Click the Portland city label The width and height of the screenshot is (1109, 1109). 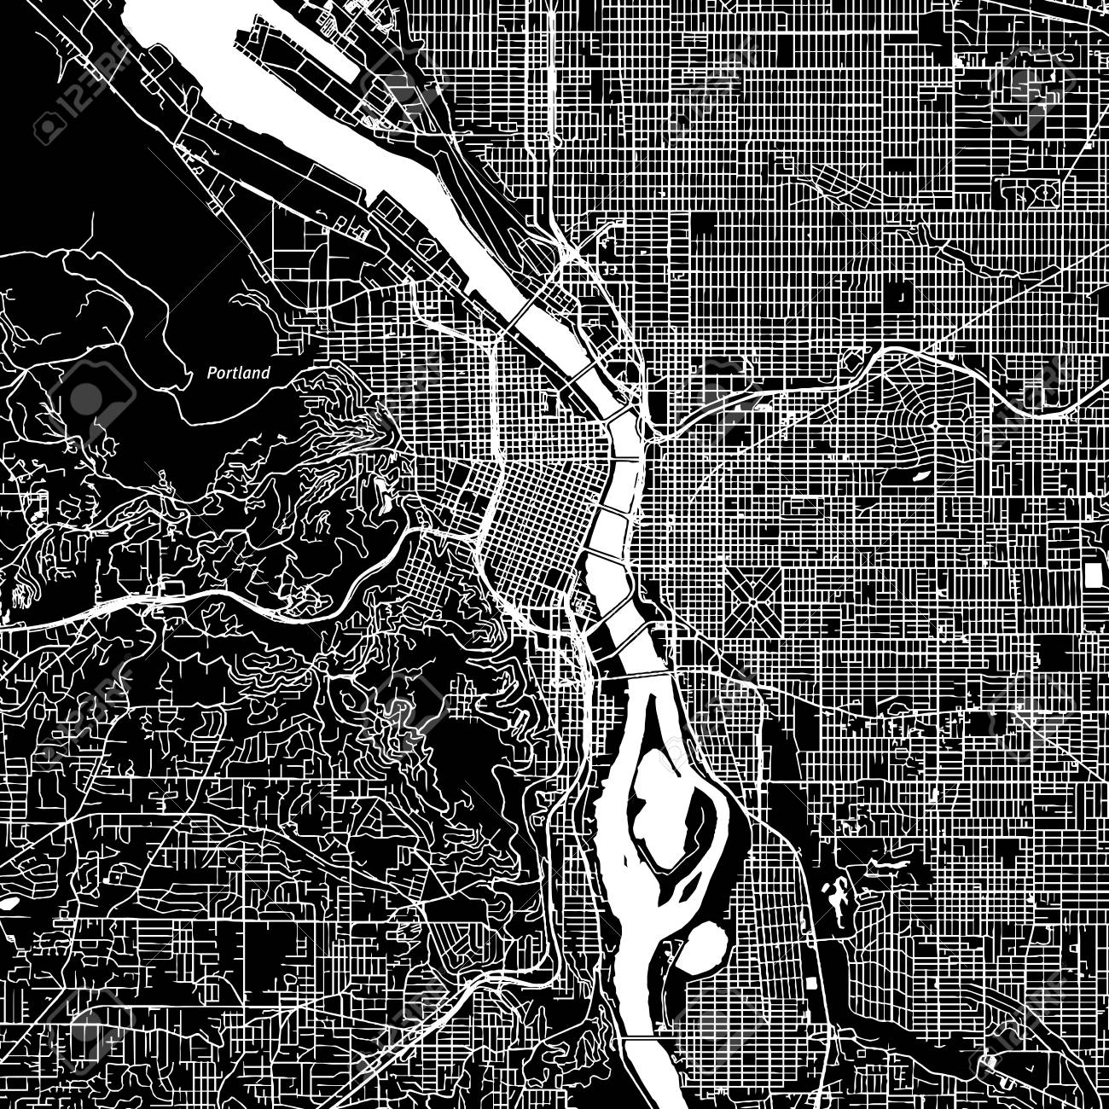coord(240,373)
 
